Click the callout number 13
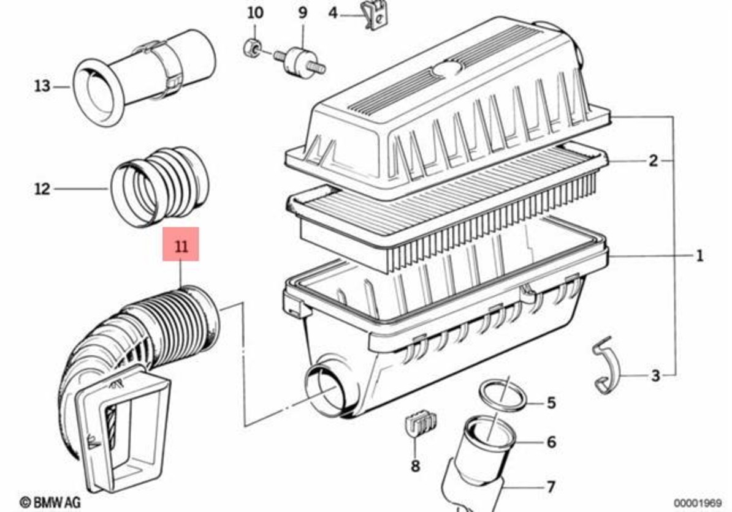coord(42,86)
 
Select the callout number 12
coord(42,189)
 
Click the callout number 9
coord(303,12)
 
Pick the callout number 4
coord(333,12)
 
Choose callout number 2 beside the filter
coord(653,161)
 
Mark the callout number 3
coord(655,375)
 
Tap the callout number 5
coord(551,402)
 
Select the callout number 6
coord(551,441)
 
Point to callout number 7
coord(551,487)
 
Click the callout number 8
coord(416,466)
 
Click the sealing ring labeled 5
coord(501,394)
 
